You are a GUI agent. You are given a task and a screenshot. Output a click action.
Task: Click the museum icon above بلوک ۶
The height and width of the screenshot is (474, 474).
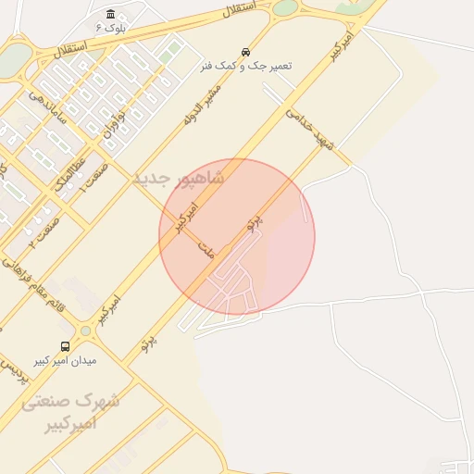[x=111, y=14]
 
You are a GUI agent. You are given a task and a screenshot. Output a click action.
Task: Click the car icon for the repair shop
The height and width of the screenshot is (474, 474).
[x=245, y=52]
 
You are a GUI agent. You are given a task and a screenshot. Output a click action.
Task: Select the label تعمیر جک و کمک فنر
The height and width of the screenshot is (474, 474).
[x=246, y=67]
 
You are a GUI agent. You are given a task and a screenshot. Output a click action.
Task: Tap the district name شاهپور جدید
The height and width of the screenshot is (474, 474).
[x=179, y=177]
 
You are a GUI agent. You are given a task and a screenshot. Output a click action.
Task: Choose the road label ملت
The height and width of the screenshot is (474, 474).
[x=206, y=251]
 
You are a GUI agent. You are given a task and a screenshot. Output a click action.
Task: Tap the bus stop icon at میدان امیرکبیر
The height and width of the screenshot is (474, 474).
[x=65, y=346]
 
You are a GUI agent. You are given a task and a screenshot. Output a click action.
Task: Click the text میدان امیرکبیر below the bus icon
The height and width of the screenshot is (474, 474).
[x=66, y=360]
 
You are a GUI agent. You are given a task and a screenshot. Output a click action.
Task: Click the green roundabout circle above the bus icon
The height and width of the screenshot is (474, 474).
[x=86, y=331]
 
